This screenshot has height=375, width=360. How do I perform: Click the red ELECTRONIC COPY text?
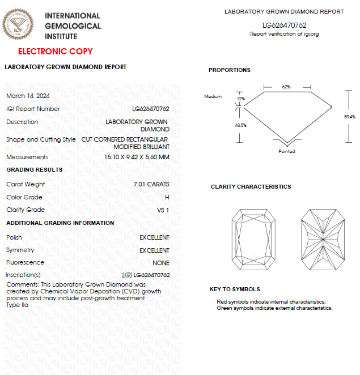[55, 52]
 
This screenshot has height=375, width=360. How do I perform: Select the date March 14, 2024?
[28, 95]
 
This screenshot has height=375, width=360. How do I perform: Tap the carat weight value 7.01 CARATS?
[151, 184]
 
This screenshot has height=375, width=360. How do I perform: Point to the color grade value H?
[167, 197]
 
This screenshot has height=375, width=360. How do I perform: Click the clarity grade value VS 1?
[163, 210]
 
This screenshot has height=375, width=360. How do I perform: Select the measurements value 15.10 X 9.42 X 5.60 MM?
[137, 157]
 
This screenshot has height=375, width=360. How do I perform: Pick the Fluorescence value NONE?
[160, 263]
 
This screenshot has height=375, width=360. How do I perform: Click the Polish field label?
[14, 237]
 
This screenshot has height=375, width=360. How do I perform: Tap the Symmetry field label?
[20, 250]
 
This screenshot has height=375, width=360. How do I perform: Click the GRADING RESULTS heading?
[34, 170]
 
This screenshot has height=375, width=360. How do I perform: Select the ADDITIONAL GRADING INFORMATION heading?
[60, 223]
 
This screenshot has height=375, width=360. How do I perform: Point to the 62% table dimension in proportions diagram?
[286, 87]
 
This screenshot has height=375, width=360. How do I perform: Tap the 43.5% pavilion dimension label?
[240, 125]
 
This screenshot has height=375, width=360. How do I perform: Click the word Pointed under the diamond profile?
[286, 151]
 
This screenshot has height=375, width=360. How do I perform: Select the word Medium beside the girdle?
[213, 97]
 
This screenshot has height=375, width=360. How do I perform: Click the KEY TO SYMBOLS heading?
[235, 289]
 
